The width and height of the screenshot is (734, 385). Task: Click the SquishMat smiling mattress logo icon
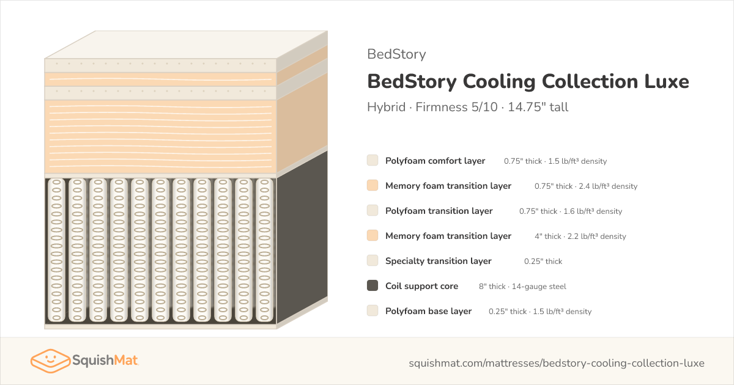[x=50, y=361]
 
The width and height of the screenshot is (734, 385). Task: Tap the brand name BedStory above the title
[x=396, y=54]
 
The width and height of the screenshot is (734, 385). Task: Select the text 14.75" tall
[x=538, y=107]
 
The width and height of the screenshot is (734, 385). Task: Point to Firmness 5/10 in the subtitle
[x=456, y=107]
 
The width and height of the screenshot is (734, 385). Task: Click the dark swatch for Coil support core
[x=373, y=285]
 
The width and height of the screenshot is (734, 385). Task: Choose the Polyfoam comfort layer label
[x=435, y=161]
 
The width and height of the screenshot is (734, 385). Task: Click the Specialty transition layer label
[x=439, y=261]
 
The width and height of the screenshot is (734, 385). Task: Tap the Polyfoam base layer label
[x=428, y=311]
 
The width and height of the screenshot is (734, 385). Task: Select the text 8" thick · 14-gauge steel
[x=522, y=287]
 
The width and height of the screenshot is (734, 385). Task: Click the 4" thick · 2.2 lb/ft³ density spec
[x=580, y=237]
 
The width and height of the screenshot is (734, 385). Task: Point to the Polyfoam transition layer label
[x=439, y=211]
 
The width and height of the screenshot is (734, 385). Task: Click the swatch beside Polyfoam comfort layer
[x=373, y=160]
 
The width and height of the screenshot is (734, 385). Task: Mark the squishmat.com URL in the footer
[x=557, y=363]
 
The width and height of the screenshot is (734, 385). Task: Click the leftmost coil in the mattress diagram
[x=56, y=250]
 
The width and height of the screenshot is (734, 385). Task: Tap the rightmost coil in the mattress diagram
[x=264, y=250]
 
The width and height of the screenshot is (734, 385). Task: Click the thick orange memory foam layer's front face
[x=160, y=136]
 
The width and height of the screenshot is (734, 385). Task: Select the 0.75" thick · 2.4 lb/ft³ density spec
[x=586, y=186]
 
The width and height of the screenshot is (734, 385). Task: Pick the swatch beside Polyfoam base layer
[x=373, y=310]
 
